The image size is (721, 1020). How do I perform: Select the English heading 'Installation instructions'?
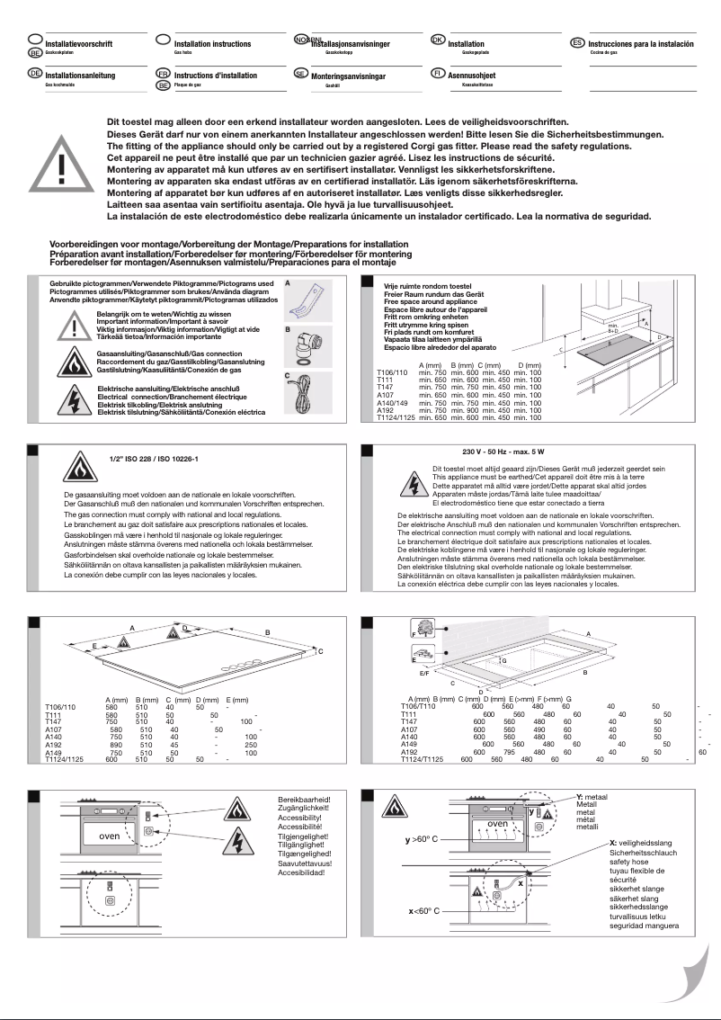(x=212, y=44)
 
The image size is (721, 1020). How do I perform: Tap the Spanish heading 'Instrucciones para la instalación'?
(x=641, y=44)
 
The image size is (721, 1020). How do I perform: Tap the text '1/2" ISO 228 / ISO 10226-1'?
(x=147, y=458)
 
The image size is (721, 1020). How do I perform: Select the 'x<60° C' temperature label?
(x=418, y=910)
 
